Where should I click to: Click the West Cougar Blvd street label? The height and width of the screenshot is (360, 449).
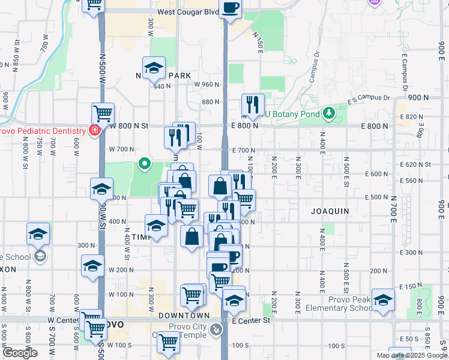(188, 11)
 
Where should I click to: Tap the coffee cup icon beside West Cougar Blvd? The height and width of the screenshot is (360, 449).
(231, 8)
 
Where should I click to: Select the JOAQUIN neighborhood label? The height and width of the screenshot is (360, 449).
(330, 211)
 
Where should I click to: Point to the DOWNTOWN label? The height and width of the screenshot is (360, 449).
(184, 315)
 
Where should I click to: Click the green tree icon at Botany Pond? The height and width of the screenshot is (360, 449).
(328, 113)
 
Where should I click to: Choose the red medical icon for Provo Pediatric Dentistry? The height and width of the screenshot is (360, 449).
(94, 130)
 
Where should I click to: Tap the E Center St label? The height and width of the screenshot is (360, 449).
(252, 320)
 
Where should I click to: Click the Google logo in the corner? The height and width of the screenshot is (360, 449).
(20, 353)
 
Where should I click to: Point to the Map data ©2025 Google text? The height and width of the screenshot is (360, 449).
(412, 355)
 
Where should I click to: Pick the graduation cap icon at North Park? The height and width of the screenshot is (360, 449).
(154, 67)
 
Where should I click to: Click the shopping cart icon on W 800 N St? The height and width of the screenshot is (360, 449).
(103, 113)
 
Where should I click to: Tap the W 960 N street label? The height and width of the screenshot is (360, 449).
(208, 85)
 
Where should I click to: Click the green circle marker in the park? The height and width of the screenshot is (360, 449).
(144, 163)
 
